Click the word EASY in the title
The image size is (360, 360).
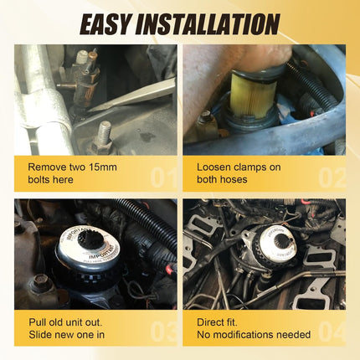[106, 24]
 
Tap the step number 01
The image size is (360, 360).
[164, 177]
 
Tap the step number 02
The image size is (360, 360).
[332, 177]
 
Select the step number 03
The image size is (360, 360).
[164, 332]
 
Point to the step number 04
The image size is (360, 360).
[332, 332]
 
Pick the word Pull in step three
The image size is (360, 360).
[37, 322]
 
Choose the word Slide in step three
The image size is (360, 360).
[40, 334]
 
